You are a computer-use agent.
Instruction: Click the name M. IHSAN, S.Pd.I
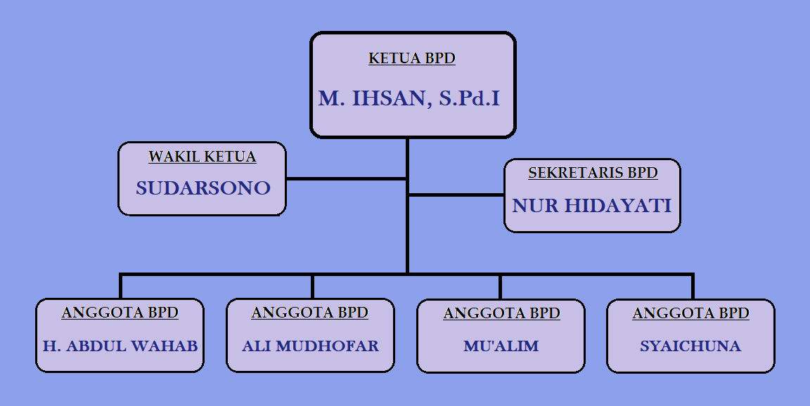(409, 99)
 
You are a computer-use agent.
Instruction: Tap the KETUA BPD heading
(412, 58)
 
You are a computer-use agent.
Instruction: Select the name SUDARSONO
(203, 188)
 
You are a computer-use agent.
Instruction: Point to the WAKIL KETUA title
(202, 157)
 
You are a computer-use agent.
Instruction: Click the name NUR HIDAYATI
(592, 206)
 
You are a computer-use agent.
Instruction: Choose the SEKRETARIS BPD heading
(593, 173)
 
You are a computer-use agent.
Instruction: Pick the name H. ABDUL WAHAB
(120, 346)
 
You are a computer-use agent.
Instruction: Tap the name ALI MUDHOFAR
(310, 346)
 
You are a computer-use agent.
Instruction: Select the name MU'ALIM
(501, 346)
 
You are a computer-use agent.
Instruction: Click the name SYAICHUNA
(690, 346)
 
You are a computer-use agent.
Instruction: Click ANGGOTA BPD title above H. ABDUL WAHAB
(120, 313)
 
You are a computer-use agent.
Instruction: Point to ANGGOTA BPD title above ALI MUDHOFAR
(310, 313)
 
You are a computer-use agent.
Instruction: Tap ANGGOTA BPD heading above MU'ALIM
(501, 313)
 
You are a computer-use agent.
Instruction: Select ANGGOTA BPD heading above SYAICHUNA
(690, 313)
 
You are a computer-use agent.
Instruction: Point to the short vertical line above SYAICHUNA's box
(693, 287)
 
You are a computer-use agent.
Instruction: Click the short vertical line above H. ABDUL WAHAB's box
(121, 287)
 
